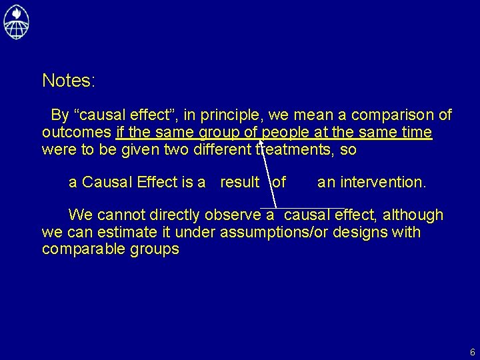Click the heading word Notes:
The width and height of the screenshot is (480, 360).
coord(69,81)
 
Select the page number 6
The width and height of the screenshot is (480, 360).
coord(472,352)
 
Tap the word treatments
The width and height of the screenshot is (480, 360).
coord(295,149)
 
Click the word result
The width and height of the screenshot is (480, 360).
coord(239,182)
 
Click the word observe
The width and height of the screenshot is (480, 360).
coord(233,215)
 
